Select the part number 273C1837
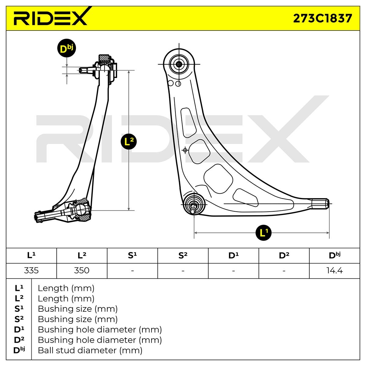tap(322, 18)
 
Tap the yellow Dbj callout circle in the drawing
tap(66, 48)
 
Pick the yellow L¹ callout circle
tap(264, 233)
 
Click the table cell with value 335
tap(31, 271)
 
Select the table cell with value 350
tap(82, 271)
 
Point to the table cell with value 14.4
tap(335, 271)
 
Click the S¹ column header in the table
tap(132, 256)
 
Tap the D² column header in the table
tap(284, 256)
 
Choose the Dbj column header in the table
tap(335, 256)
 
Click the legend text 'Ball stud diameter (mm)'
tap(90, 350)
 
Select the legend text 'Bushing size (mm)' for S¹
tap(77, 309)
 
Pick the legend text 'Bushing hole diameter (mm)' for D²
tap(99, 340)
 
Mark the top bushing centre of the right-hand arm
tap(179, 64)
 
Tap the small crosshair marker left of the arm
tap(185, 150)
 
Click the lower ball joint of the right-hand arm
tap(194, 203)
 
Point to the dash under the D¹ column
tap(233, 271)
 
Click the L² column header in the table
tap(82, 256)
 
